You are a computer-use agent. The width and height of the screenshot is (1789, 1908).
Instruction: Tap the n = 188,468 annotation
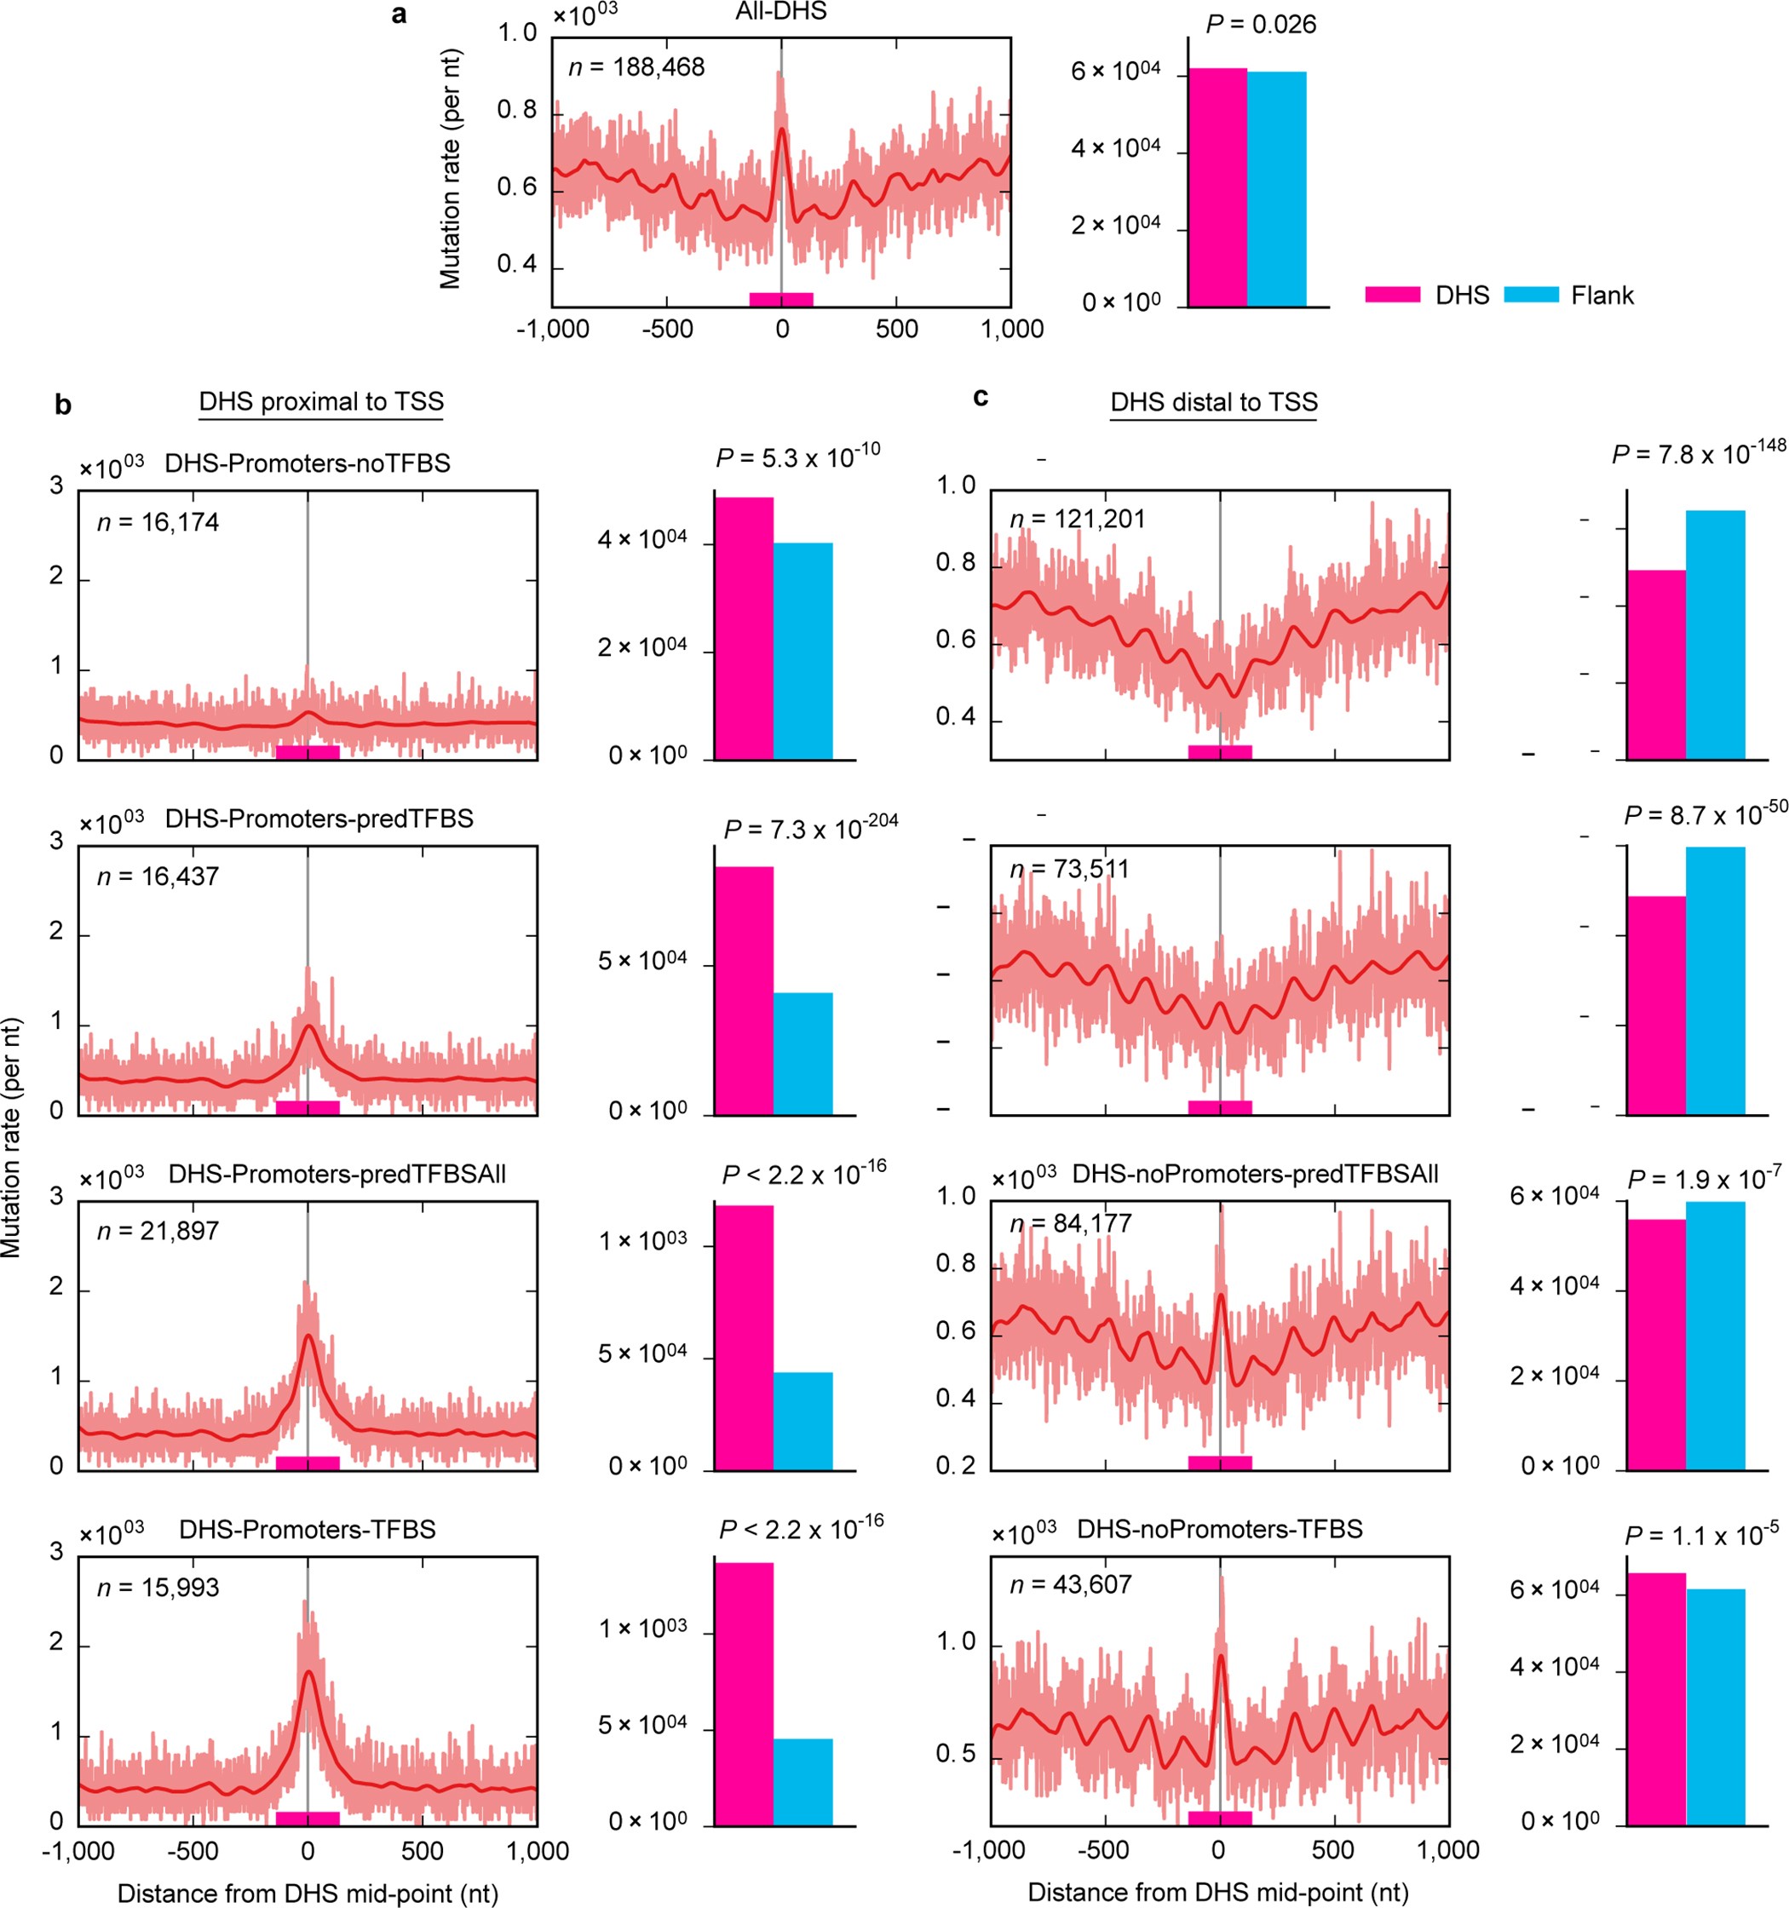[x=636, y=67]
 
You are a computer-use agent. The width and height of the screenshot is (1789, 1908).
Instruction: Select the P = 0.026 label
[x=1261, y=24]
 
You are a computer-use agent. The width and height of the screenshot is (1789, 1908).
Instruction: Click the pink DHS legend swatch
[x=1393, y=295]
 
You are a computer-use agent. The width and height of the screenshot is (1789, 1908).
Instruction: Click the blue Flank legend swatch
[x=1531, y=295]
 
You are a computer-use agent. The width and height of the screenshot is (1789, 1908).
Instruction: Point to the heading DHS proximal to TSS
[x=320, y=401]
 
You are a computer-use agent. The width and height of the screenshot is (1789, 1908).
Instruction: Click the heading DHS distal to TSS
[x=1213, y=401]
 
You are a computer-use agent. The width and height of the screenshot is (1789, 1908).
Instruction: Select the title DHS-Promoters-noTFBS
[x=308, y=463]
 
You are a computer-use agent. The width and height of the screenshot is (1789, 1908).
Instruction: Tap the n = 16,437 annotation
[x=158, y=876]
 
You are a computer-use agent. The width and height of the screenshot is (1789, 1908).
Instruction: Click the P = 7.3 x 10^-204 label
[x=810, y=827]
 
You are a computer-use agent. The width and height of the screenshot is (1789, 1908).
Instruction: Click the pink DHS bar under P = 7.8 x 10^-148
[x=1657, y=664]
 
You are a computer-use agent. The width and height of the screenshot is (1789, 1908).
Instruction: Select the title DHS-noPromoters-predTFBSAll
[x=1254, y=1174]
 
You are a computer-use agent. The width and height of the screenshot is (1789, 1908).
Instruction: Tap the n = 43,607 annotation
[x=1070, y=1584]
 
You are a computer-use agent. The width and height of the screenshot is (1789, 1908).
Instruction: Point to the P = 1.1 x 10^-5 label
[x=1700, y=1536]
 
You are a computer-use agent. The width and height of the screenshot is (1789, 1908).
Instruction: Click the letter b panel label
[x=63, y=405]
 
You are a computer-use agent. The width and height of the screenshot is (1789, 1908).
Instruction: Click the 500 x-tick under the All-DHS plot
[x=896, y=329]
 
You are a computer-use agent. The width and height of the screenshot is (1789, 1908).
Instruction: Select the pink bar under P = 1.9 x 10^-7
[x=1657, y=1343]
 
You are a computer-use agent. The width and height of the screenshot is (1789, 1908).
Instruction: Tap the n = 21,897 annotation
[x=158, y=1231]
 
